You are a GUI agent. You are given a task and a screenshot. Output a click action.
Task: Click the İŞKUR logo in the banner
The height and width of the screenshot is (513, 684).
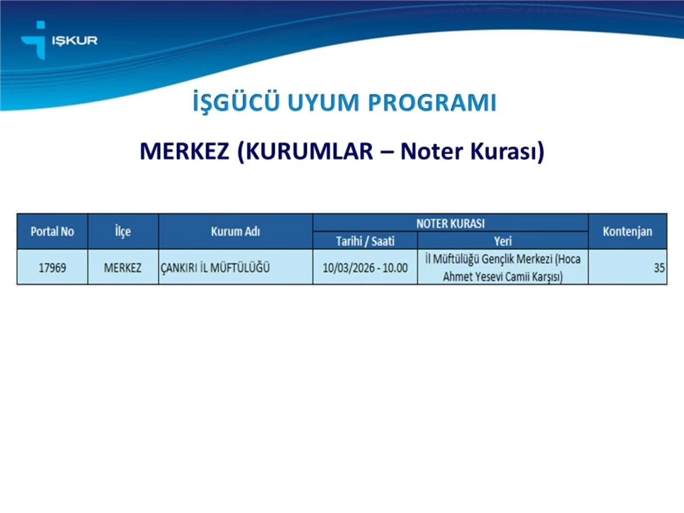tap(59, 40)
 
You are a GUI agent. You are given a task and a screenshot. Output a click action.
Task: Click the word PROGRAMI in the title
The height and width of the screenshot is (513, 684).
tap(432, 103)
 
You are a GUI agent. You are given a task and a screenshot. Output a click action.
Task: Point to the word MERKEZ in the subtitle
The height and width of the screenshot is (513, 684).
tap(184, 152)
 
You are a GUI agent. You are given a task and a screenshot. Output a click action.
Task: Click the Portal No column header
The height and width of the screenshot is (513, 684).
tap(52, 231)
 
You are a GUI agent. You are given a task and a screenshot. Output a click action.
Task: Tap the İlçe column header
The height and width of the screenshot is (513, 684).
tap(123, 231)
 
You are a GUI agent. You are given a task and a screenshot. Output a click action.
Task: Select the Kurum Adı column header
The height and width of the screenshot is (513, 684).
tap(235, 231)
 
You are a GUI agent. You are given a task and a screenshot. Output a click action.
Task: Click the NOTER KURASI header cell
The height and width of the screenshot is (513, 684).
tap(451, 223)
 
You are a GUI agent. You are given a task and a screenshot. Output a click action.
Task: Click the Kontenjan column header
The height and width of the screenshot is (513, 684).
tap(627, 231)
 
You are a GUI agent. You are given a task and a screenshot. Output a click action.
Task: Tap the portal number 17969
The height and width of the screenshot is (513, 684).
tap(52, 267)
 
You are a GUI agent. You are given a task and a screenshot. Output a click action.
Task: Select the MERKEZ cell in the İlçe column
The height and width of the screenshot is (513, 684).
tap(123, 267)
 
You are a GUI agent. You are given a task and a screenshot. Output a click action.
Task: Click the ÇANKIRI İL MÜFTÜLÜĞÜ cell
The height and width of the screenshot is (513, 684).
tap(215, 267)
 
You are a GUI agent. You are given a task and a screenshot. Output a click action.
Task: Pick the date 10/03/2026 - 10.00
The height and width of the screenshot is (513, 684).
tap(365, 267)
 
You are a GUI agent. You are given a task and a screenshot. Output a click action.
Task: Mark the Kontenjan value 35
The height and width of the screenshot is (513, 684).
tap(659, 267)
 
